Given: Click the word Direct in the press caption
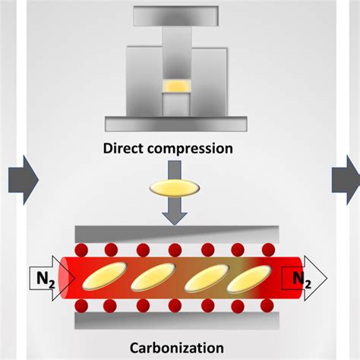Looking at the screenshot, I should coord(123,149).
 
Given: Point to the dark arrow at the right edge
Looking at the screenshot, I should coord(344,179).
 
